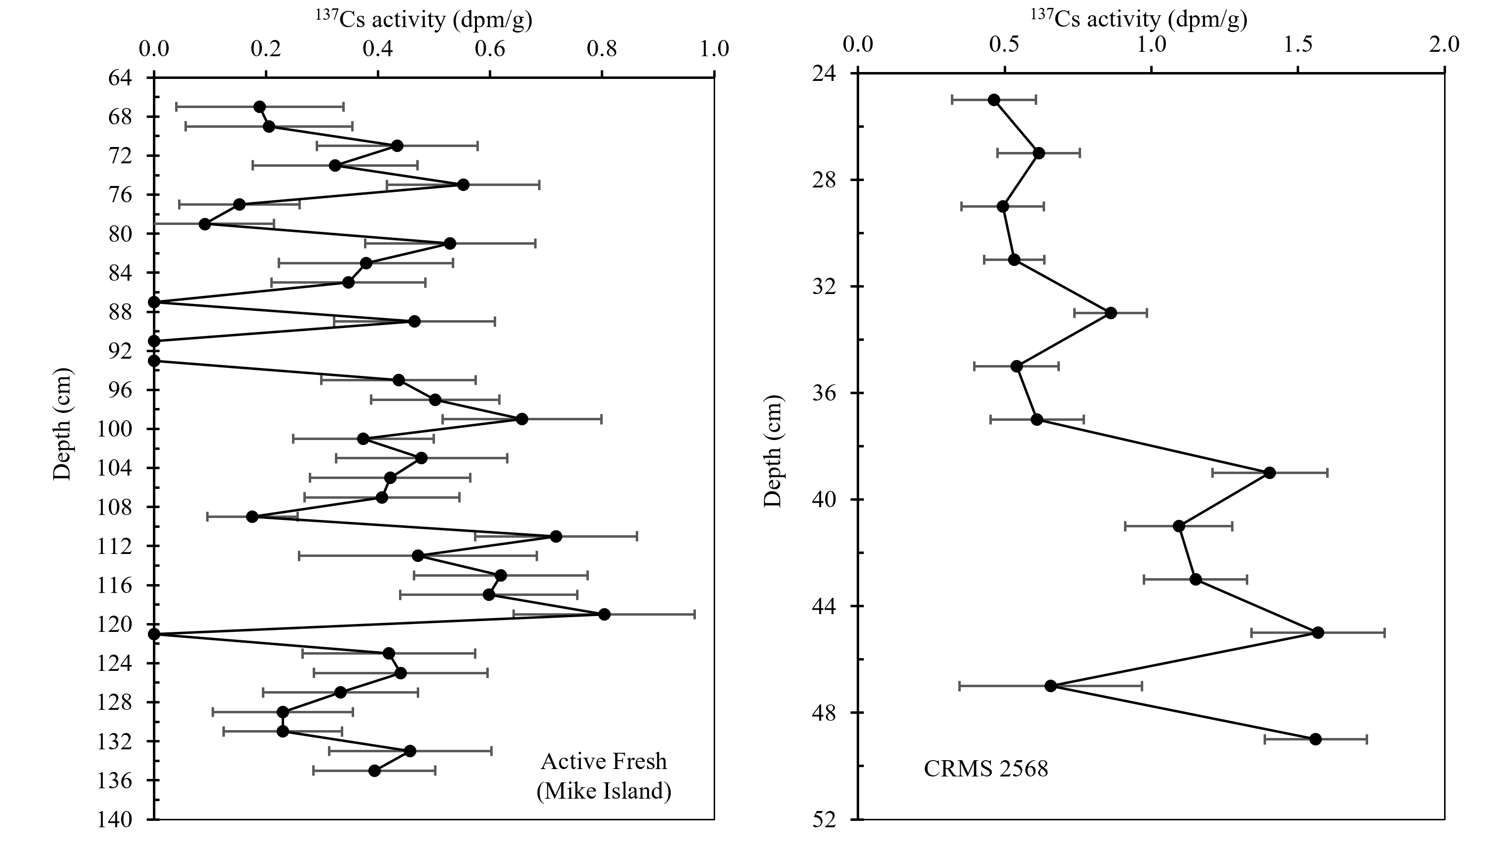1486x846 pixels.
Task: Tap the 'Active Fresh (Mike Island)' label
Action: click(604, 776)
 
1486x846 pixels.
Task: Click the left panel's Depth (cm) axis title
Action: click(62, 424)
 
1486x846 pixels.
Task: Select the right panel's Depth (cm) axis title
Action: click(773, 451)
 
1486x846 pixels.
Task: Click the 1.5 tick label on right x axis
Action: click(1298, 45)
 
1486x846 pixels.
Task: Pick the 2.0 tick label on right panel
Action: click(1444, 45)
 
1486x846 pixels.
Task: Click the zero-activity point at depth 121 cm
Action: click(154, 634)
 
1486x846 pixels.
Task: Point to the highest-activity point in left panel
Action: click(604, 615)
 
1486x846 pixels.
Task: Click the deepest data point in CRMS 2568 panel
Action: click(1316, 739)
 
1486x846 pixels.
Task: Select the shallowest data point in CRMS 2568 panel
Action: click(994, 100)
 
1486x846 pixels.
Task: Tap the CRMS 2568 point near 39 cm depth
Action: click(1270, 473)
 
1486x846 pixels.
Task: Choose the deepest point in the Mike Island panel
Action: click(375, 771)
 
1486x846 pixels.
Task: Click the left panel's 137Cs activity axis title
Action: click(424, 20)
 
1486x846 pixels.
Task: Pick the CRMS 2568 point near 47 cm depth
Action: click(1051, 686)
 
